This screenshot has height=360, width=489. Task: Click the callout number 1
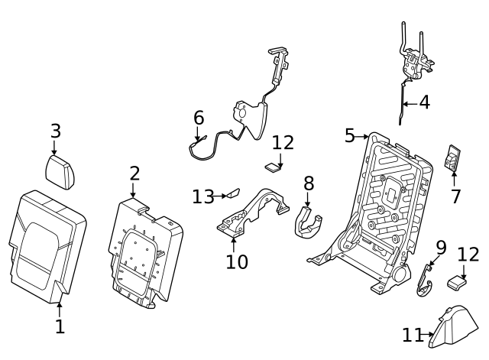tap(60, 327)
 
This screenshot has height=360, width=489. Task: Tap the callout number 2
tap(134, 174)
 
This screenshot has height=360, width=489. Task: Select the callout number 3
tap(55, 131)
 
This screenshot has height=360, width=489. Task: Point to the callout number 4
tap(424, 102)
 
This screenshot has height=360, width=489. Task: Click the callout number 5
tap(350, 136)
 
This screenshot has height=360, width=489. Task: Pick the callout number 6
tap(199, 118)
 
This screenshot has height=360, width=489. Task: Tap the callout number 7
tap(455, 196)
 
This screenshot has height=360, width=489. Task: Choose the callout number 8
tap(309, 183)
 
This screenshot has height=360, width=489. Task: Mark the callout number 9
tap(441, 248)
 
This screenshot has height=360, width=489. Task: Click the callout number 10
tap(237, 262)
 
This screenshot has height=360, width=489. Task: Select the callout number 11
tap(413, 335)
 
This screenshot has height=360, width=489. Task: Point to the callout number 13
tap(202, 196)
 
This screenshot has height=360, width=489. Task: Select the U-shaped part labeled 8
tap(307, 222)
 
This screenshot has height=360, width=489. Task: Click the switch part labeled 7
tap(454, 159)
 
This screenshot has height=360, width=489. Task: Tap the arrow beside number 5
tap(364, 136)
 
